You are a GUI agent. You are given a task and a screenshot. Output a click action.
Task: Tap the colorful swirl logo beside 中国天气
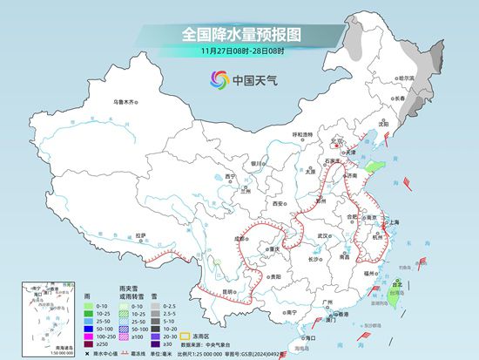point(216,80)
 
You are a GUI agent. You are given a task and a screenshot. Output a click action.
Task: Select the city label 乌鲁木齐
point(125,103)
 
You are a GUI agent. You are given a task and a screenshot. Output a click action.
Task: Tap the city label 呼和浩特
point(301,134)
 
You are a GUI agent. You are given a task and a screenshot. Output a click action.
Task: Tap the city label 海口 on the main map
point(304,336)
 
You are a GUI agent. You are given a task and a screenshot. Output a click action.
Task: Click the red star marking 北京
point(333,145)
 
